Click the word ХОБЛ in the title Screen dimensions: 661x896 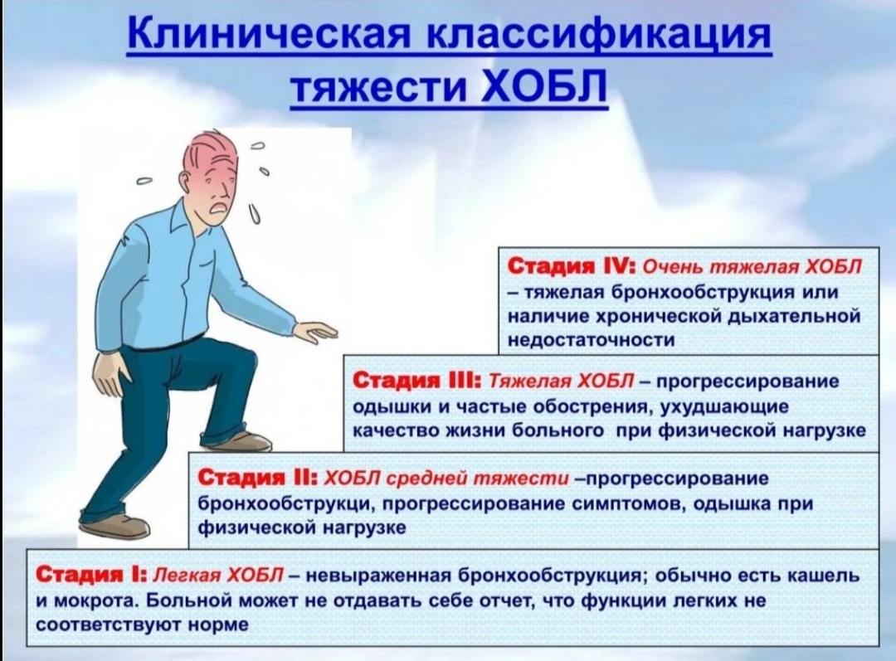(x=543, y=86)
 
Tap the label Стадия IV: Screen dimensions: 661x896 (x=571, y=267)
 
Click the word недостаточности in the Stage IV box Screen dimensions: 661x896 (x=592, y=340)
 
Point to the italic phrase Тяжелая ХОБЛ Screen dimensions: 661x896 (x=562, y=381)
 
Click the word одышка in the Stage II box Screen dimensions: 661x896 (x=737, y=503)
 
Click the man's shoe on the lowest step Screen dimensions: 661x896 (x=115, y=526)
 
